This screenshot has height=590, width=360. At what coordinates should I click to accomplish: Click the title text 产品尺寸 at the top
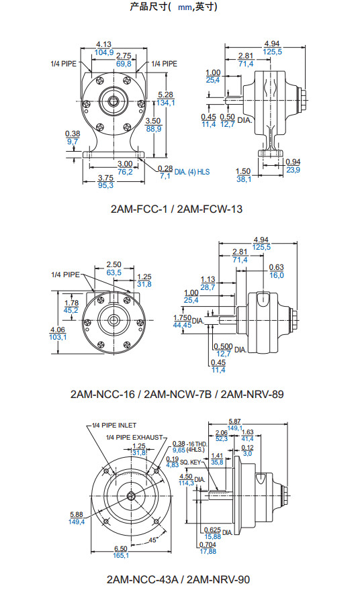148,7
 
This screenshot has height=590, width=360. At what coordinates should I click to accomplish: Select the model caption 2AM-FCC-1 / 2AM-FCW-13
177,209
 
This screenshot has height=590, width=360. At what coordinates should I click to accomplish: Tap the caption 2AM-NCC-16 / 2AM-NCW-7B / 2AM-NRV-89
177,394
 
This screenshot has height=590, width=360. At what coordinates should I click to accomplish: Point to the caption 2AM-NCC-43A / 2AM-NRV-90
178,579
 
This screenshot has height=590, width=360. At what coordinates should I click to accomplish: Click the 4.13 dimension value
103,44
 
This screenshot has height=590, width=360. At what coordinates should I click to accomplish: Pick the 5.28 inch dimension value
166,95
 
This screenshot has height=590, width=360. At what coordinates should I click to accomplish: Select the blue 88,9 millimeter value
154,129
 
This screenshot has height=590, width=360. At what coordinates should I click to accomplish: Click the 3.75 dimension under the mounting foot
106,178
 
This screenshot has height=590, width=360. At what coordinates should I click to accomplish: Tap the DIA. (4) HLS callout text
192,172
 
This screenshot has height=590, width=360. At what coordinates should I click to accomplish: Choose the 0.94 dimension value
293,162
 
